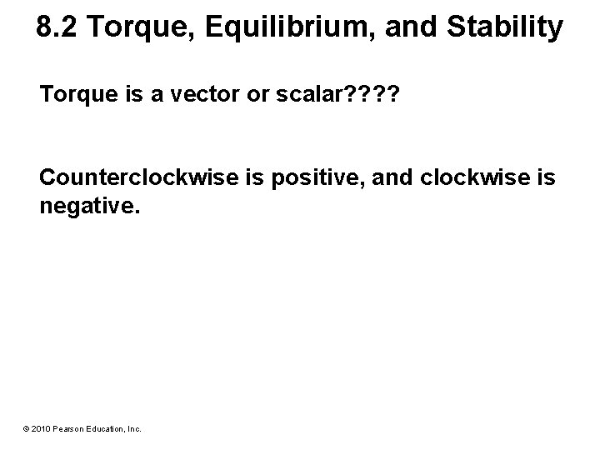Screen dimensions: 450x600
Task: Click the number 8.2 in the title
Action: point(58,28)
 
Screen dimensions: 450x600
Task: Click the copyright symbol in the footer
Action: point(26,429)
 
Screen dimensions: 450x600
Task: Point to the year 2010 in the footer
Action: point(40,429)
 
